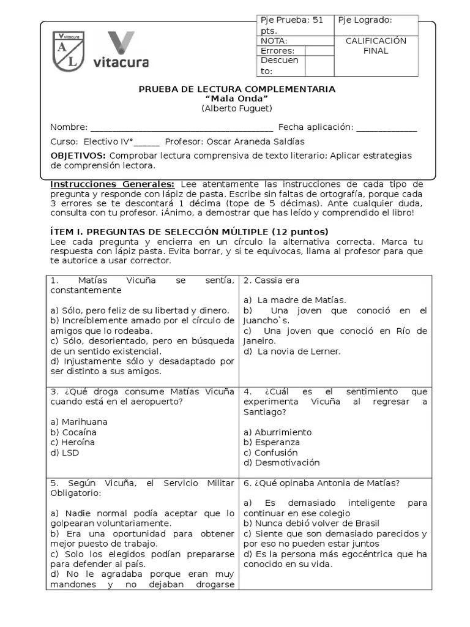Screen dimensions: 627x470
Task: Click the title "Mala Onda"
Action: [x=236, y=99]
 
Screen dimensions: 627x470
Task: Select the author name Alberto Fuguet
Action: [x=236, y=108]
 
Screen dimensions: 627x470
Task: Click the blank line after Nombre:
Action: [x=181, y=128]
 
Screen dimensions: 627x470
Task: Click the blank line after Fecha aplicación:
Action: [x=386, y=128]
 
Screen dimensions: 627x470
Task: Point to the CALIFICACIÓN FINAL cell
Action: [x=376, y=47]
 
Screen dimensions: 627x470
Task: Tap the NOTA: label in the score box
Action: [x=274, y=41]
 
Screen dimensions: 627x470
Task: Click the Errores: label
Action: [x=277, y=51]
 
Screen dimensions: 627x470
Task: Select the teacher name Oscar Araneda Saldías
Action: [x=256, y=141]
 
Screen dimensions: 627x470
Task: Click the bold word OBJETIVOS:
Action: [x=78, y=156]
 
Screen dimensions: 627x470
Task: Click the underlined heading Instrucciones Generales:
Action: [x=112, y=184]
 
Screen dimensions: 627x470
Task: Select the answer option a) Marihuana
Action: [x=79, y=422]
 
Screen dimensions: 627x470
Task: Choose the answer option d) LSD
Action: [x=65, y=452]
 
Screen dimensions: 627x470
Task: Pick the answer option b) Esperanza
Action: [x=272, y=442]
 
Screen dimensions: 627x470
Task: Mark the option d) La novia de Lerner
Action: [x=292, y=351]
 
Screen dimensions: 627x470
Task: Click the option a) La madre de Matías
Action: [x=295, y=300]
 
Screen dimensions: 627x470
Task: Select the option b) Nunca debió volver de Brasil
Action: [x=311, y=524]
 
